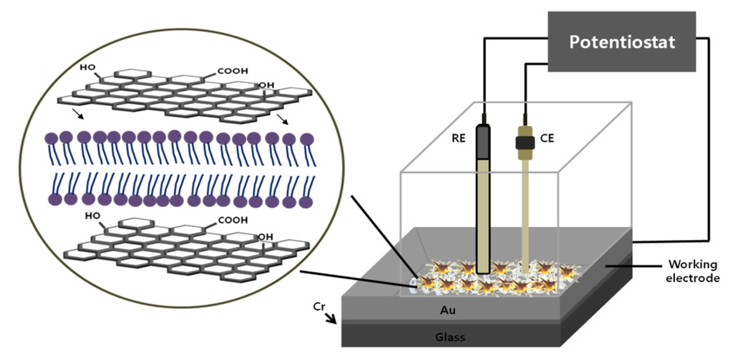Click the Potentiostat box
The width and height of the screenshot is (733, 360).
(x=621, y=42)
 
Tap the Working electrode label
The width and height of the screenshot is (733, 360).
(x=693, y=271)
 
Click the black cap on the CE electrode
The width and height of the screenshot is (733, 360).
(x=525, y=142)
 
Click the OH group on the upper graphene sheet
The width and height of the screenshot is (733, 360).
(x=266, y=85)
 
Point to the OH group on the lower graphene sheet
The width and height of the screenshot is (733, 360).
(x=266, y=236)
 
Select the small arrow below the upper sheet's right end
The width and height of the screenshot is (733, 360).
(x=284, y=120)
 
